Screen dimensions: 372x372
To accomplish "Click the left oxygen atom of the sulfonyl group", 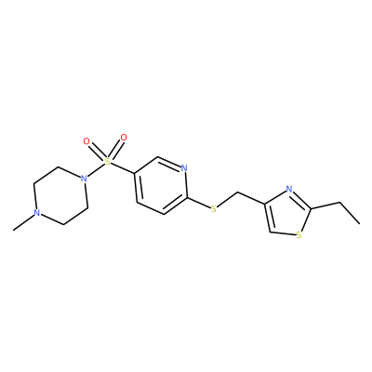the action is point(86,141).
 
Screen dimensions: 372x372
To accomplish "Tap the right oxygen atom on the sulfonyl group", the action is point(124,138).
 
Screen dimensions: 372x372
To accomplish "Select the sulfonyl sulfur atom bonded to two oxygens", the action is point(107,161).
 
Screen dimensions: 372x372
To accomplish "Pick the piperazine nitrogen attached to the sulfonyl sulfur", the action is point(83,179).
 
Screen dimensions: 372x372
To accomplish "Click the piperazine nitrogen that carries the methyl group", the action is point(37,213).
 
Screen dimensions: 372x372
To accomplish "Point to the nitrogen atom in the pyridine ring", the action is point(184,168).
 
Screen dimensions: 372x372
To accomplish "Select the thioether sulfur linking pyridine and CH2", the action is point(214,209).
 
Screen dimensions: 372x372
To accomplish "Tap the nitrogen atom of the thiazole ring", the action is point(289,189).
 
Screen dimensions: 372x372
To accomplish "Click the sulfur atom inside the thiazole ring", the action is point(299,235).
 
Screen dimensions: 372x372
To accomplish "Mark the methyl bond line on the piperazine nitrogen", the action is point(23,222).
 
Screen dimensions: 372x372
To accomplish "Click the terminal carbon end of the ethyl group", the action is point(360,223).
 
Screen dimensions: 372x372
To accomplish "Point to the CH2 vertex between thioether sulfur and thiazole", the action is point(237,193).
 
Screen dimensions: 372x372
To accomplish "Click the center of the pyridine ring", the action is point(161,185).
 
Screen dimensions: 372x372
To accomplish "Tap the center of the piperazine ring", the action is point(60,195).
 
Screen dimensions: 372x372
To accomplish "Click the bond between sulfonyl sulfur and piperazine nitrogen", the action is point(96,169).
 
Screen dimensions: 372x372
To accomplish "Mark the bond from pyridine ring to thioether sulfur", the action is point(198,203).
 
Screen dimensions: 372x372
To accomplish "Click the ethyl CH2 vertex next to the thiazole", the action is point(340,203).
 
